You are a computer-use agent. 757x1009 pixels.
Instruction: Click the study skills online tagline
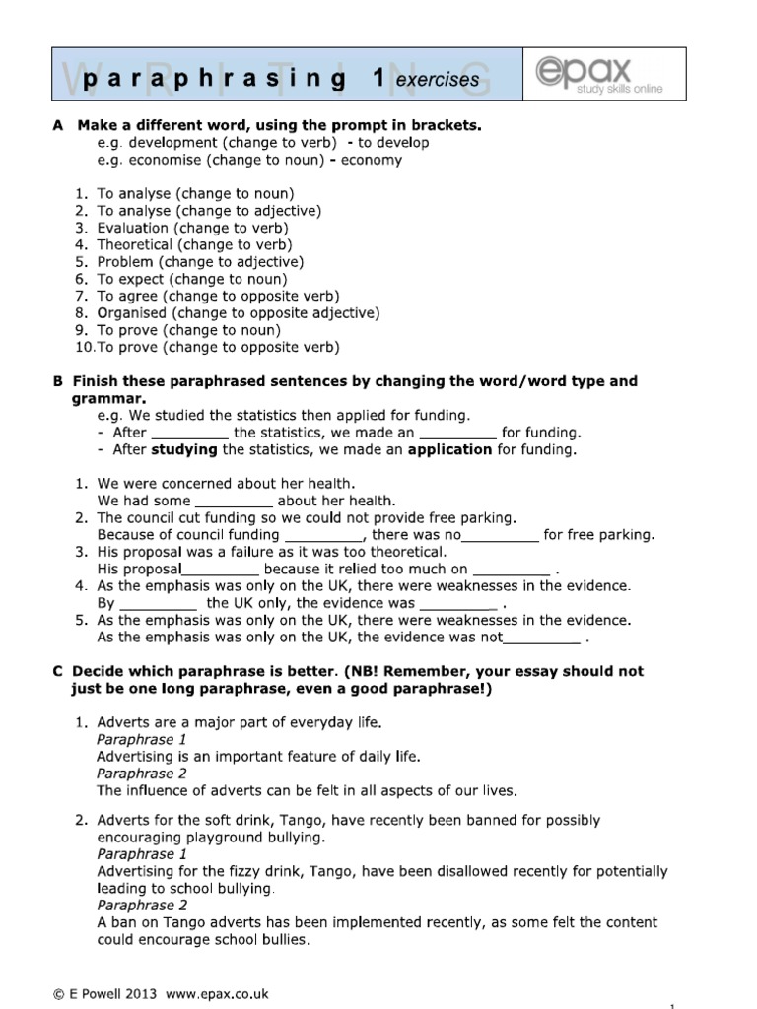coord(619,90)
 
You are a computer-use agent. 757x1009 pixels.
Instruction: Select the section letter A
coord(57,125)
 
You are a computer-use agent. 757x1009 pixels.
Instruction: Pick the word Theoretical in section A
coord(134,244)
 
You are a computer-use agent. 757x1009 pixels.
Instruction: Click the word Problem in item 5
coord(125,262)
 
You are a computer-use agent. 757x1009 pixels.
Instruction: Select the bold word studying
coord(184,449)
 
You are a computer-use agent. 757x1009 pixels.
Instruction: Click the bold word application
coord(449,449)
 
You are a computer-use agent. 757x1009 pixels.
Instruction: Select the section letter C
coord(57,671)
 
